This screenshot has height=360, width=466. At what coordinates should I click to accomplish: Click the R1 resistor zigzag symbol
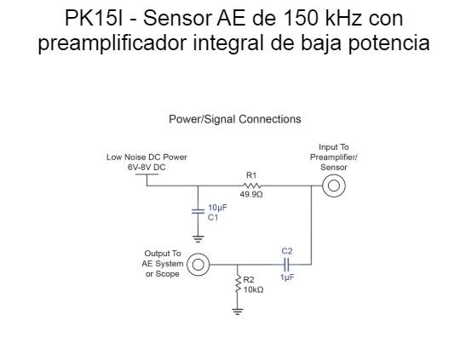pos(251,186)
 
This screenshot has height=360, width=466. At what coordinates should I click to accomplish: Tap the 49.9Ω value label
pos(251,195)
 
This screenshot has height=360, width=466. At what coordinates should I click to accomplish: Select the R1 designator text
pos(251,175)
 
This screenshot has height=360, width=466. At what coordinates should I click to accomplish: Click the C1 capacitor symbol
pos(198,212)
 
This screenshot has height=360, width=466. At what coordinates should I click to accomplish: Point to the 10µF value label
pos(217,208)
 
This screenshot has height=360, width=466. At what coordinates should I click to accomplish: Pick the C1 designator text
pos(213,218)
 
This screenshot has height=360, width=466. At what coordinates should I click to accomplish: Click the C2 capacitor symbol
pos(286,265)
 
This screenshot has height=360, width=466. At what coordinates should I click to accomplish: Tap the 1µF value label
pos(287,278)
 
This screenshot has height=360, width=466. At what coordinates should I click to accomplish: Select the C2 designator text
pos(287,251)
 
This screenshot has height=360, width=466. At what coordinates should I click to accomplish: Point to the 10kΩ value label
pos(253,290)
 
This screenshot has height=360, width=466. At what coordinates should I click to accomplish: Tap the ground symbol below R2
pos(238,311)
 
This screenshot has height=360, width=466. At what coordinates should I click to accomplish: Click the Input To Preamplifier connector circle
pos(334,186)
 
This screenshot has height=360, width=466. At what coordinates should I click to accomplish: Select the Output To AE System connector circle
pos(198,265)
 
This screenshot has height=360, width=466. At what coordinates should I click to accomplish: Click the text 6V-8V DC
pos(147,167)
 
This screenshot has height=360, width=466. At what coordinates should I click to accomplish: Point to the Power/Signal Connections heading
pos(234,119)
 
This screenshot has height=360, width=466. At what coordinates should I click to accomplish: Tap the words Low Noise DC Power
pos(147,157)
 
